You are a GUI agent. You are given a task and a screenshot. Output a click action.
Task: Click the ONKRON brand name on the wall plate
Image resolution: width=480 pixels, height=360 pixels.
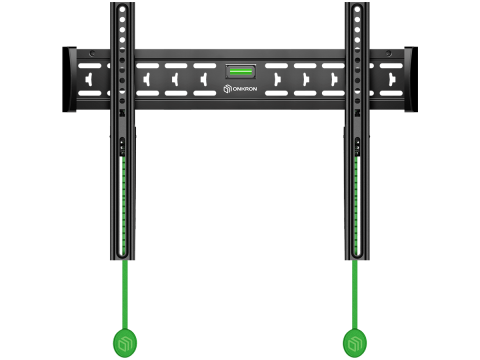click(245, 89)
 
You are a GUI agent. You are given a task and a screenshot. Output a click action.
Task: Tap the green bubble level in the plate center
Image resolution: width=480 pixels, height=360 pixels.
click(241, 71)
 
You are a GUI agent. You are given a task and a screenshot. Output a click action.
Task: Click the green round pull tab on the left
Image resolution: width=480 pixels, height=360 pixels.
click(125, 343)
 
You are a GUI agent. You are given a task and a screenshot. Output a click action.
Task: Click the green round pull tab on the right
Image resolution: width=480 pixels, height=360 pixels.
click(355, 343)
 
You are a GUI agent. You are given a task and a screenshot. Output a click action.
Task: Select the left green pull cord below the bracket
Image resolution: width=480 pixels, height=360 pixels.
click(125, 294)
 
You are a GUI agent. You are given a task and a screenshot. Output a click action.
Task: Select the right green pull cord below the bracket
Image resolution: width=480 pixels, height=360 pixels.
click(355, 294)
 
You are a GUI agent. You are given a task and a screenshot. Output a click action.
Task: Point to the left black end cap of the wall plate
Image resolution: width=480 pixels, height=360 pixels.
click(69, 79)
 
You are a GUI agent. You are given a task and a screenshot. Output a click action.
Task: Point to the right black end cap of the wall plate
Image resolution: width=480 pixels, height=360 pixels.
click(411, 79)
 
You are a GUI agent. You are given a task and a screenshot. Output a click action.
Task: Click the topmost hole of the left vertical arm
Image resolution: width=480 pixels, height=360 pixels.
click(122, 9)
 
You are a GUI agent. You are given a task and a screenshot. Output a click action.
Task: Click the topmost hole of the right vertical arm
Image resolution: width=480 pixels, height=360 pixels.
click(357, 9)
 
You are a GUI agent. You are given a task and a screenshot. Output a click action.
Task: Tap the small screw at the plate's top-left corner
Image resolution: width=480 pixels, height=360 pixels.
click(92, 53)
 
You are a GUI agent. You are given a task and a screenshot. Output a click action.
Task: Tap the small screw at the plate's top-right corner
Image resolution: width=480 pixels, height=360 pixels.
click(388, 53)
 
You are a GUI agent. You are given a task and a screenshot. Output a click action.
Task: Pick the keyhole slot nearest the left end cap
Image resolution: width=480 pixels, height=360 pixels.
click(89, 80)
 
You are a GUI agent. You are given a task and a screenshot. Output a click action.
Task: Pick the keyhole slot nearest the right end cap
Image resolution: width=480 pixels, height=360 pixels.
click(392, 80)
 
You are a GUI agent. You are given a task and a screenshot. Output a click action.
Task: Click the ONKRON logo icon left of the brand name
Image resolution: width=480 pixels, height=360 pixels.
click(228, 89)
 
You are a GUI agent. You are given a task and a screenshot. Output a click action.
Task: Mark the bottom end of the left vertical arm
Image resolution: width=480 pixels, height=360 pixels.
click(123, 259)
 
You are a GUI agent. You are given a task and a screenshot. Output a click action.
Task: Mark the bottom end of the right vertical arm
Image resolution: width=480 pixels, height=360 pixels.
click(357, 259)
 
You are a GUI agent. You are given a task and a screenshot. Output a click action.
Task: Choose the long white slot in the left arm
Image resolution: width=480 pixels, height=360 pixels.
click(121, 205)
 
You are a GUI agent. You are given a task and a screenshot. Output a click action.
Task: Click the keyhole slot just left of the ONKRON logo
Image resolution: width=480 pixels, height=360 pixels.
click(204, 80)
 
